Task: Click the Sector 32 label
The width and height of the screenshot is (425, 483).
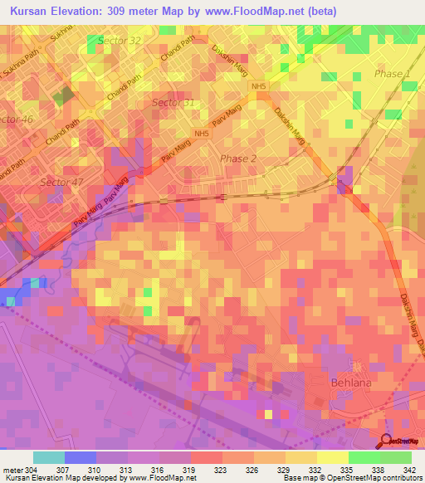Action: tap(120, 40)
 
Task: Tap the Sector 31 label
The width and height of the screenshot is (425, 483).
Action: tap(173, 102)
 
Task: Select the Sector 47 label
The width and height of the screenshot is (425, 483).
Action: tap(62, 182)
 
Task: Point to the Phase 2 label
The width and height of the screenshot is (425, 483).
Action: tap(238, 159)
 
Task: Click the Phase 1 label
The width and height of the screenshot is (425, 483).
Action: tap(393, 75)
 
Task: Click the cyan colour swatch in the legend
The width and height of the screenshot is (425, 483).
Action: tap(49, 456)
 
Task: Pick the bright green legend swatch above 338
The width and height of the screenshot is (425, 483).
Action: tap(364, 456)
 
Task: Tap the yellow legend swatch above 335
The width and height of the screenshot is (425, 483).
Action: tap(332, 456)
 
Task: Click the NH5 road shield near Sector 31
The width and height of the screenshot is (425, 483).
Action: tap(201, 134)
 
